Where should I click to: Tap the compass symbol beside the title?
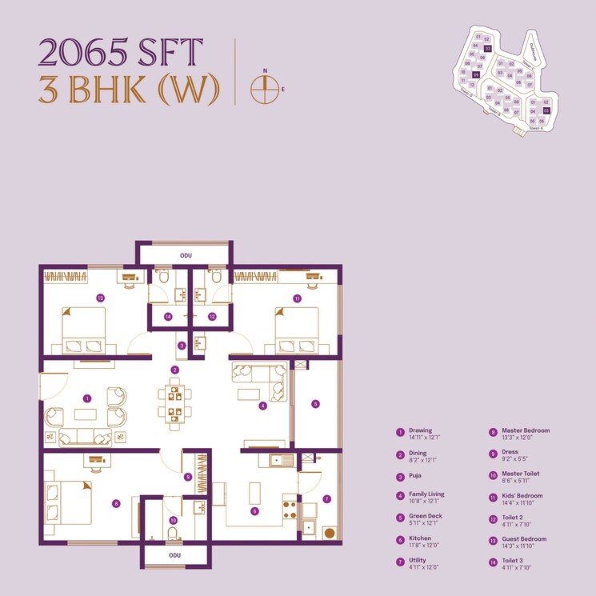[263, 90]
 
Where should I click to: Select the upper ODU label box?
[186, 255]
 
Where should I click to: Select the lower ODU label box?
[175, 554]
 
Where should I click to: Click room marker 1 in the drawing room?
[87, 398]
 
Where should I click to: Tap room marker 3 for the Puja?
[182, 346]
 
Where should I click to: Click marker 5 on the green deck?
[315, 404]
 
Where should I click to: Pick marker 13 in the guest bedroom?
[100, 298]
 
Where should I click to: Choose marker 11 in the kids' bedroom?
[297, 298]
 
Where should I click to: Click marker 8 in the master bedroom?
[116, 503]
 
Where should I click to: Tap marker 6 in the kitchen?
[254, 511]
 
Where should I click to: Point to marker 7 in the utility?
[326, 498]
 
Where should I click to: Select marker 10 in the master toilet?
[173, 521]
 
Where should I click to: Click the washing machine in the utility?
[329, 532]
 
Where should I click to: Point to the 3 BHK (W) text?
[129, 90]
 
